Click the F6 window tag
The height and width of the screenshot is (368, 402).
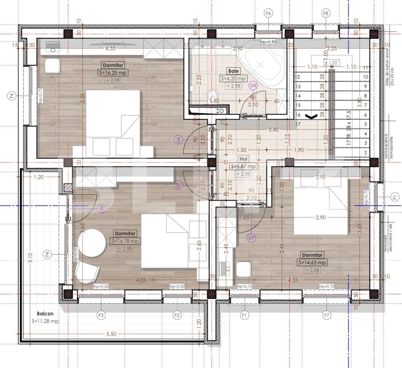(269, 13)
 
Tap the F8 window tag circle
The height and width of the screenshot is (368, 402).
(326, 13)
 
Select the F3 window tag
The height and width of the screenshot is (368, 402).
(101, 315)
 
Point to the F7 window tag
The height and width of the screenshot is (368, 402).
(326, 315)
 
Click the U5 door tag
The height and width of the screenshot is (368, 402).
(253, 85)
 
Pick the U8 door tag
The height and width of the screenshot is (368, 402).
(101, 209)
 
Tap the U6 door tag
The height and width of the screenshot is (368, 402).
(178, 140)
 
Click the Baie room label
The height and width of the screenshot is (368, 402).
(233, 71)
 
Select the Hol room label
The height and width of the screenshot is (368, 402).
(245, 159)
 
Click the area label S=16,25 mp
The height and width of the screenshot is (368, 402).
(113, 73)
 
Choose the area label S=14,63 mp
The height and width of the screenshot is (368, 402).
(313, 263)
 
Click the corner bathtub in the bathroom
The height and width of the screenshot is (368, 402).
(263, 64)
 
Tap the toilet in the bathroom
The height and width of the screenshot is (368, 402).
(212, 96)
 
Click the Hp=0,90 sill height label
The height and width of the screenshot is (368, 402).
(269, 42)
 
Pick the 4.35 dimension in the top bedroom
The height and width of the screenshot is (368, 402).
(110, 49)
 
